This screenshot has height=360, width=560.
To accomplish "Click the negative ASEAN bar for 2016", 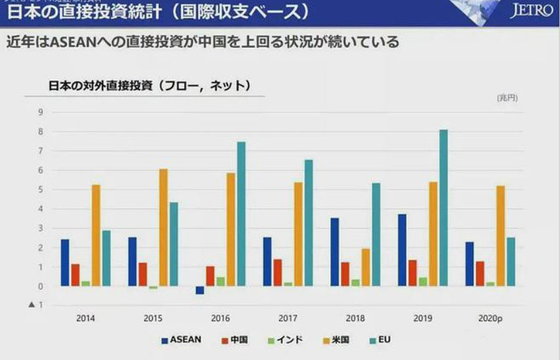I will click(x=200, y=290).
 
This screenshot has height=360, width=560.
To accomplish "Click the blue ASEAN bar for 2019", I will click(x=402, y=250).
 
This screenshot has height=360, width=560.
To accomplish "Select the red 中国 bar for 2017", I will click(x=278, y=273).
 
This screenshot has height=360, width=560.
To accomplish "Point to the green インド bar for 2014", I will click(x=86, y=283).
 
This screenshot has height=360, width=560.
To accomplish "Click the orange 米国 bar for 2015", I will click(x=163, y=227).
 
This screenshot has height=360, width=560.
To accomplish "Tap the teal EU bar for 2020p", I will click(x=510, y=262).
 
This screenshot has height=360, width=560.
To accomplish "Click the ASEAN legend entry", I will click(x=181, y=340).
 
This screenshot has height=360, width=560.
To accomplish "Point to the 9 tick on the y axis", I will click(x=39, y=112).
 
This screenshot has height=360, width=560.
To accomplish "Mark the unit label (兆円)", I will click(x=507, y=98).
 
